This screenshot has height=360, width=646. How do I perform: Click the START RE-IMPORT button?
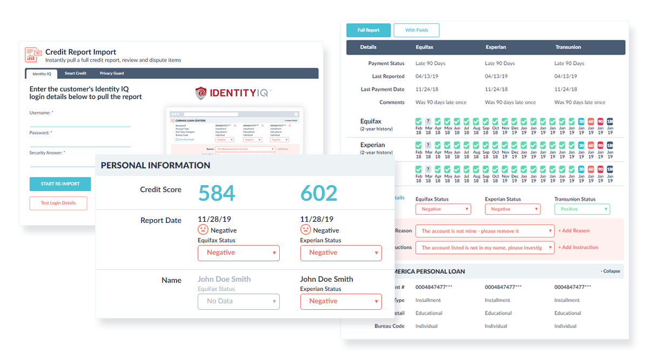60,184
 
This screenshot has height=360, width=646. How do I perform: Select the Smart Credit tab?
76,73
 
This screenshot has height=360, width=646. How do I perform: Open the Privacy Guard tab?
111,73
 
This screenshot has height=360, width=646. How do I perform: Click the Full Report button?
368,30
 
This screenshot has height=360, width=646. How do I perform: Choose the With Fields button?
416,30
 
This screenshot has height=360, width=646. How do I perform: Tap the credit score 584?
217,193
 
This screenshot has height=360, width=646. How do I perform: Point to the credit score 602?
319,193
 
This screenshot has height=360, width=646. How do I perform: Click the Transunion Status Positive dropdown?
582,209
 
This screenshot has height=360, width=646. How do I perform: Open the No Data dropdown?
239,301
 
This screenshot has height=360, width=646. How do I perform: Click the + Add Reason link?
574,231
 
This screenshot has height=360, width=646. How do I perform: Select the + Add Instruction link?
578,247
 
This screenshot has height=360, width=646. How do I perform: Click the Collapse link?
610,271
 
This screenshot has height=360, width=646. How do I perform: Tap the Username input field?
80,121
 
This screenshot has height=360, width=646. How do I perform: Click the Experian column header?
495,47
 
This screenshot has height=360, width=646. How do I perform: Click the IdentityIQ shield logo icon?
201,93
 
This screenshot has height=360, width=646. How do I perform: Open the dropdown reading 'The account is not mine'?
485,231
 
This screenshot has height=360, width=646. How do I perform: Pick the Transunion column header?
568,47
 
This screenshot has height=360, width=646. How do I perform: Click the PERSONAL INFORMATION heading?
156,166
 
